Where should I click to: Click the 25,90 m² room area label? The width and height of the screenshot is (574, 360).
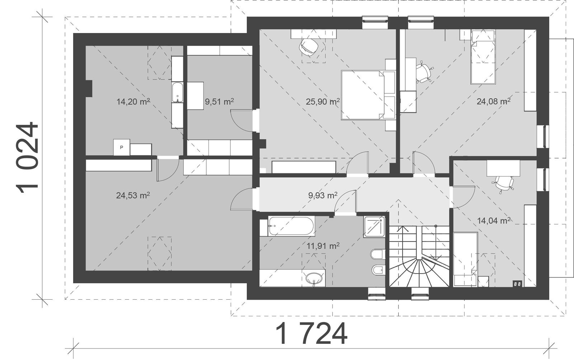click(323, 102)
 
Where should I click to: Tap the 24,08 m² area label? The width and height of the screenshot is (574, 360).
click(493, 102)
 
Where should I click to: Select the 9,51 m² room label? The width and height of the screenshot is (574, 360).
click(219, 102)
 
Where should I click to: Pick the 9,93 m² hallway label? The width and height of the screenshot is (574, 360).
click(323, 196)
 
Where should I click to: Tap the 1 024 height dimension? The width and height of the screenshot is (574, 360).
click(27, 158)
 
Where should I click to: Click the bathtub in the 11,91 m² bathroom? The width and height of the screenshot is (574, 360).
click(291, 226)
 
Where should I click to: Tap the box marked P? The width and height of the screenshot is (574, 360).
click(121, 147)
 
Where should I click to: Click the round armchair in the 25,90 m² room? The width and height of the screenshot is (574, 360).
click(309, 47)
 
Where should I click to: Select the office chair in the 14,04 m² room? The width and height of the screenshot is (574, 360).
click(503, 183)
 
